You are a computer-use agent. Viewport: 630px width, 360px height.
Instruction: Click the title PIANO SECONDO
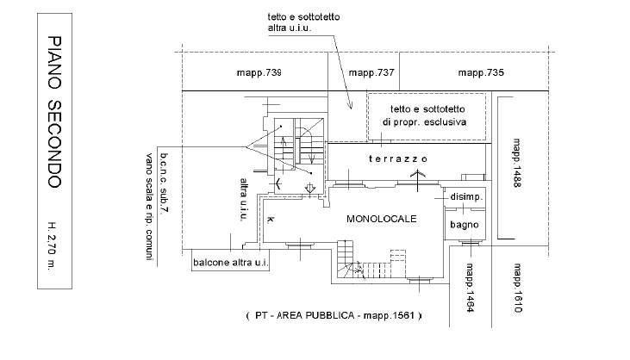[x=52, y=112]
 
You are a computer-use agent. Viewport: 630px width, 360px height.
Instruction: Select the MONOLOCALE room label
[x=381, y=219]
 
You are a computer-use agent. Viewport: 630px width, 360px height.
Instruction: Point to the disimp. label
[x=466, y=197]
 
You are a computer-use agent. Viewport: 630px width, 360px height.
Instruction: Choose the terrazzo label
[x=398, y=160]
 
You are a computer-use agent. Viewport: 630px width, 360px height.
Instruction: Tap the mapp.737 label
[x=371, y=73]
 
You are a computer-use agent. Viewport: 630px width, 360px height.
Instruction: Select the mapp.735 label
[x=480, y=73]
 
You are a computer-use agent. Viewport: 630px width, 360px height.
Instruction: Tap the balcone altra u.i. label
[x=229, y=263]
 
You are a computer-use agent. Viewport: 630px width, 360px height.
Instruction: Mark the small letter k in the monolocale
[x=271, y=220]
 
